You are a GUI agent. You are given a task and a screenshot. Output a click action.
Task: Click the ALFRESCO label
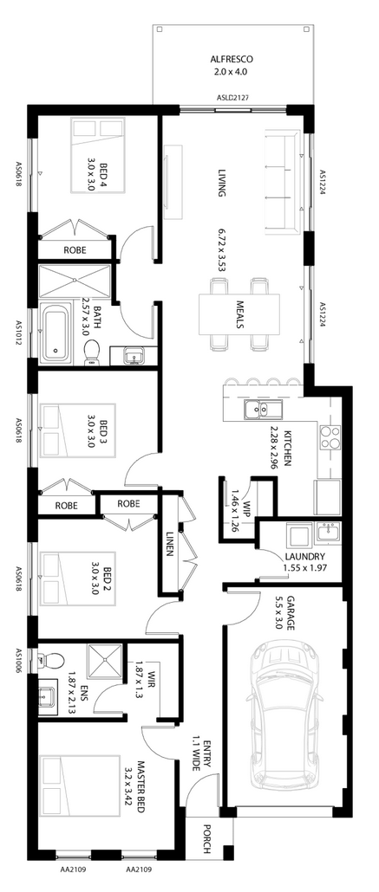tap(231, 59)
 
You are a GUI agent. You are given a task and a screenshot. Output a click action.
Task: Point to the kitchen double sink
tap(262, 409)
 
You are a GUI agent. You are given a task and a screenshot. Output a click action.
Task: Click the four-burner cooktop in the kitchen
tap(330, 436)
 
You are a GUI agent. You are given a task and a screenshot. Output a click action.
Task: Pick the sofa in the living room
tap(282, 182)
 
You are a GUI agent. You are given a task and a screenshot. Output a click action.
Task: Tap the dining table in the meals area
tap(239, 313)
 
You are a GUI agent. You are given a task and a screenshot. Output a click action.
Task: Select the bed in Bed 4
tap(96, 154)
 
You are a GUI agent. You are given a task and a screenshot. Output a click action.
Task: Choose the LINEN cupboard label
tap(170, 544)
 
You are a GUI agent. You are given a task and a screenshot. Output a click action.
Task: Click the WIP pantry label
tap(246, 507)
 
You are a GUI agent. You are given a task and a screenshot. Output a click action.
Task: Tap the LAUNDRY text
tap(305, 556)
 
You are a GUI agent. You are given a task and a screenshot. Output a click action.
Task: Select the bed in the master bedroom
tap(80, 792)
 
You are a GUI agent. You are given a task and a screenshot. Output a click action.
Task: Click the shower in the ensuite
tap(104, 662)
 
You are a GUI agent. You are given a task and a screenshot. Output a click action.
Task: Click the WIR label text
tap(151, 680)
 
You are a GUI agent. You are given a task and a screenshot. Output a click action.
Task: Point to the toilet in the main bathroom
tap(92, 352)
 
